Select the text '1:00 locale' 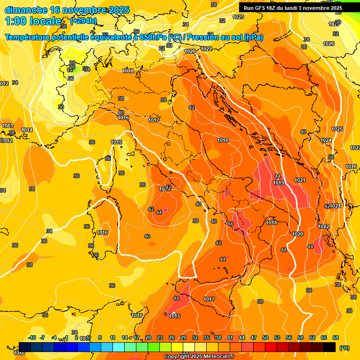pyautogui.click(x=33, y=21)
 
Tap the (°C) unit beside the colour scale pyautogui.click(x=345, y=347)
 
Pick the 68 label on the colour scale pyautogui.click(x=336, y=337)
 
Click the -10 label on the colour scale pyautogui.click(x=32, y=337)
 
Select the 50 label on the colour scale pyautogui.click(x=265, y=337)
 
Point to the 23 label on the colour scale pyautogui.click(x=160, y=337)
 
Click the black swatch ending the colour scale pyautogui.click(x=330, y=347)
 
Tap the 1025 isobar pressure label pyautogui.click(x=337, y=129)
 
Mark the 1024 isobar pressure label pyautogui.click(x=326, y=140)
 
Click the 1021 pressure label pyautogui.click(x=300, y=180)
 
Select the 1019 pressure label pyautogui.click(x=278, y=183)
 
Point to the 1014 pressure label pyautogui.click(x=27, y=130)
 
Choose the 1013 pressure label pyautogui.click(x=7, y=126)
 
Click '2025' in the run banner pyautogui.click(x=334, y=8)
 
